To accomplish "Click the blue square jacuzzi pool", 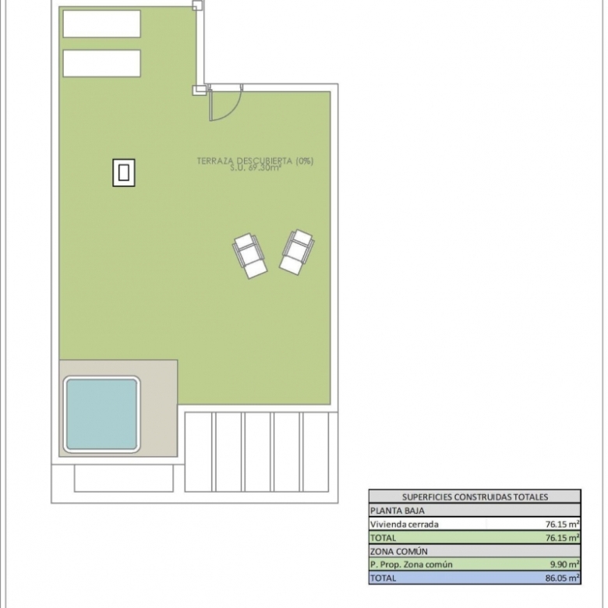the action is [101, 414].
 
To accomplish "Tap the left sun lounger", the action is [249, 256].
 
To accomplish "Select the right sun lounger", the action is [297, 252].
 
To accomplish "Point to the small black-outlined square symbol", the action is [124, 172].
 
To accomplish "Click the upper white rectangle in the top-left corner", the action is [101, 24].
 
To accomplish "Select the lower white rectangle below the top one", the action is [101, 63].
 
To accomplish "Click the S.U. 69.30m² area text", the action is [255, 168].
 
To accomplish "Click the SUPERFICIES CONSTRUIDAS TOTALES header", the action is [475, 497].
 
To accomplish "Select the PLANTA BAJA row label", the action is [397, 511].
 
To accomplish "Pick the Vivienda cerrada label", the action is [404, 525].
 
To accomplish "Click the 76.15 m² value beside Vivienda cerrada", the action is [562, 525].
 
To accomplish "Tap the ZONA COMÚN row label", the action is [398, 551].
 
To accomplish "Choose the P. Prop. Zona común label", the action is [411, 564].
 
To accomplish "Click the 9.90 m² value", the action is [564, 564].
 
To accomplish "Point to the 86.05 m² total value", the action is [562, 578].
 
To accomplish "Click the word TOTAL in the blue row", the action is [383, 578].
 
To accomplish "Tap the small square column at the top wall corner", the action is [197, 5].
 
